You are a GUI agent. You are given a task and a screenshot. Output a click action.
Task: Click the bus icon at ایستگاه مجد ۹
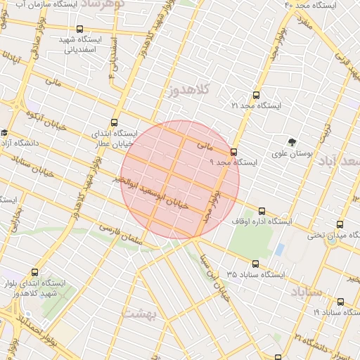click(x=233, y=151)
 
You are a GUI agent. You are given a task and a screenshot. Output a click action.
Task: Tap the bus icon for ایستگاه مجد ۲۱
click(x=255, y=94)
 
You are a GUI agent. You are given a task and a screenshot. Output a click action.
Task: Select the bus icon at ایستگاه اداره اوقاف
click(x=262, y=210)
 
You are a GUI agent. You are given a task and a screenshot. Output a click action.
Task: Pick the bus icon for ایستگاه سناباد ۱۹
click(x=340, y=301)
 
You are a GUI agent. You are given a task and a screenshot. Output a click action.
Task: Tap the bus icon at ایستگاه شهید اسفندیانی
click(x=79, y=30)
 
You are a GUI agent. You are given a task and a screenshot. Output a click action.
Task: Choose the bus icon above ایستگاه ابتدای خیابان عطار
click(x=114, y=122)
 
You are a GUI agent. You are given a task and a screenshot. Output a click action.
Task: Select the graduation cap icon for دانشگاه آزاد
click(x=4, y=132)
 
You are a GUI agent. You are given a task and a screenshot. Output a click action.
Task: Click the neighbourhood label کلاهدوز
click(x=190, y=89)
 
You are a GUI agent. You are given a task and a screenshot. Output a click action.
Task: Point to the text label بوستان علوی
click(x=292, y=153)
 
